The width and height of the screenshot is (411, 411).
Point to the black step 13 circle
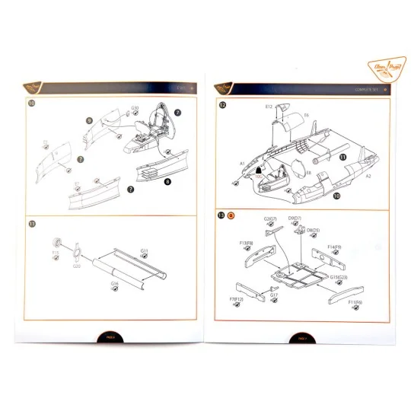tap(221, 215)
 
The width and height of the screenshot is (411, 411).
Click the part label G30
tap(135, 108)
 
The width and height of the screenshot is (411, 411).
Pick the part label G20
tap(76, 267)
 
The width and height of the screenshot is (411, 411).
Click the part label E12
tap(269, 107)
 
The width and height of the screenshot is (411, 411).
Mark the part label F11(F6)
tap(354, 302)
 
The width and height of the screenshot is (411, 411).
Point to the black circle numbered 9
tap(89, 120)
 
